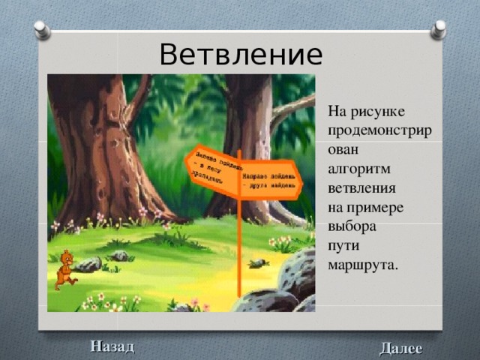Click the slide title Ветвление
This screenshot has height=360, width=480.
241,54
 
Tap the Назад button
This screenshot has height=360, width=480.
112,346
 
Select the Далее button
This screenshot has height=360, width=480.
400,348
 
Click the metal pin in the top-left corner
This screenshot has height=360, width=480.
43,30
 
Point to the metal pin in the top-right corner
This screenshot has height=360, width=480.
438,29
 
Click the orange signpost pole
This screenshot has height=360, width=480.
238,247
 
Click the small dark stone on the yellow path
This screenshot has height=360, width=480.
259,262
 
